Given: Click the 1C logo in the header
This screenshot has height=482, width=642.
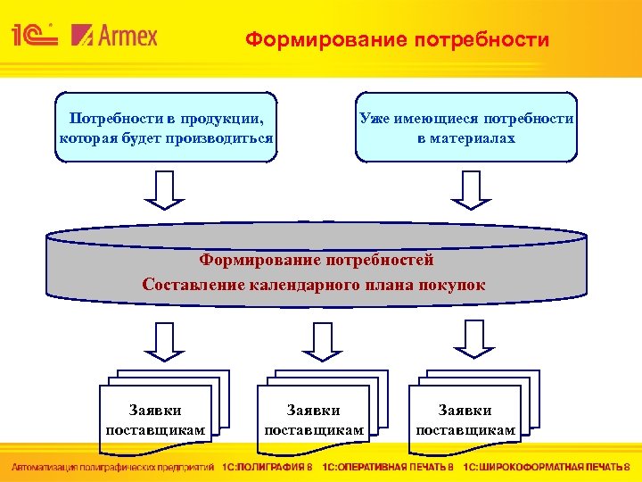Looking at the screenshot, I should [x=34, y=35].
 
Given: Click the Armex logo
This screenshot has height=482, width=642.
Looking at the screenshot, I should [x=114, y=36].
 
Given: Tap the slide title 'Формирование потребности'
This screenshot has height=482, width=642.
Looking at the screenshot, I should [x=398, y=40].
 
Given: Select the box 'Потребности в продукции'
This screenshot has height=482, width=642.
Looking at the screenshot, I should [x=166, y=128].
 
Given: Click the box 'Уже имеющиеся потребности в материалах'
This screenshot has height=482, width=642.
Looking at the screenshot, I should [x=466, y=128].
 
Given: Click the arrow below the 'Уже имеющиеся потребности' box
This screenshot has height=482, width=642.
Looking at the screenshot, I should [x=470, y=190].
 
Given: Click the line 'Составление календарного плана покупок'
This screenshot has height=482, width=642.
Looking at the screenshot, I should [x=314, y=285].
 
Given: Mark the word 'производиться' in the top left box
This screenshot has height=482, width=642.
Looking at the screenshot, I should [x=226, y=139].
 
